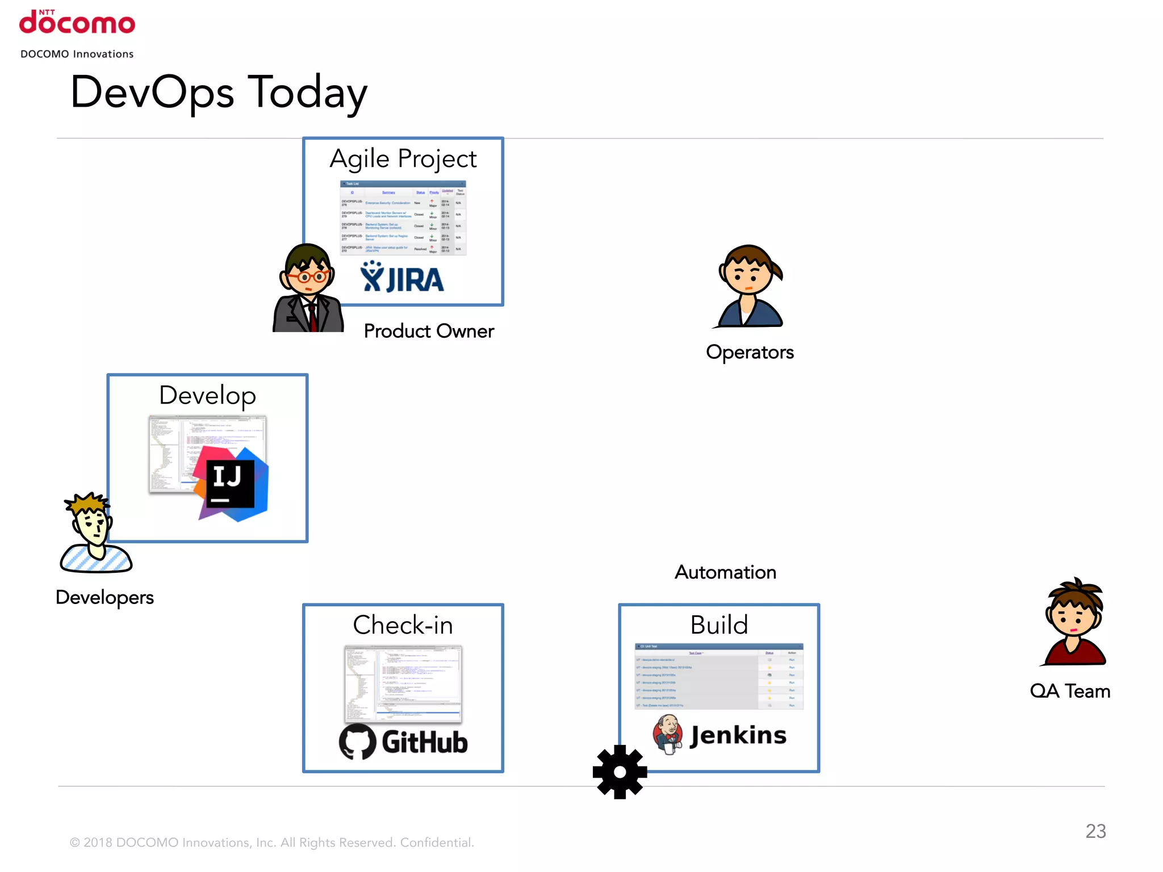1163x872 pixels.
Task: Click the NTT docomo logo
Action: [77, 23]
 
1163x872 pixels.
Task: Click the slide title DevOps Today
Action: [219, 93]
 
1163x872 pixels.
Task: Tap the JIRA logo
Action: [402, 278]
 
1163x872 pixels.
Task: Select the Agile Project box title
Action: [403, 158]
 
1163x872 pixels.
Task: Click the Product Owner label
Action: [429, 331]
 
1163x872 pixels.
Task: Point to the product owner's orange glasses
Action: [307, 277]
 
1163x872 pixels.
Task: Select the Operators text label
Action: [750, 352]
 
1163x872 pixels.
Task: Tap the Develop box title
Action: [208, 396]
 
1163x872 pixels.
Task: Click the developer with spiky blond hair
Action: [94, 531]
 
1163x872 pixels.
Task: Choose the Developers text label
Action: [104, 597]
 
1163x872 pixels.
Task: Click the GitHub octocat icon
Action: [357, 741]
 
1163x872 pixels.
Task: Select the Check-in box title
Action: [403, 625]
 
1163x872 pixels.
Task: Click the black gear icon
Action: [620, 772]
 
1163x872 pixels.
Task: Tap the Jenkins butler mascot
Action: [668, 734]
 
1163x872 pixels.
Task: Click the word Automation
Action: [725, 572]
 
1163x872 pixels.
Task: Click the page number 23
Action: [1095, 831]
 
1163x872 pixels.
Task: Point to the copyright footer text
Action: [271, 842]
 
